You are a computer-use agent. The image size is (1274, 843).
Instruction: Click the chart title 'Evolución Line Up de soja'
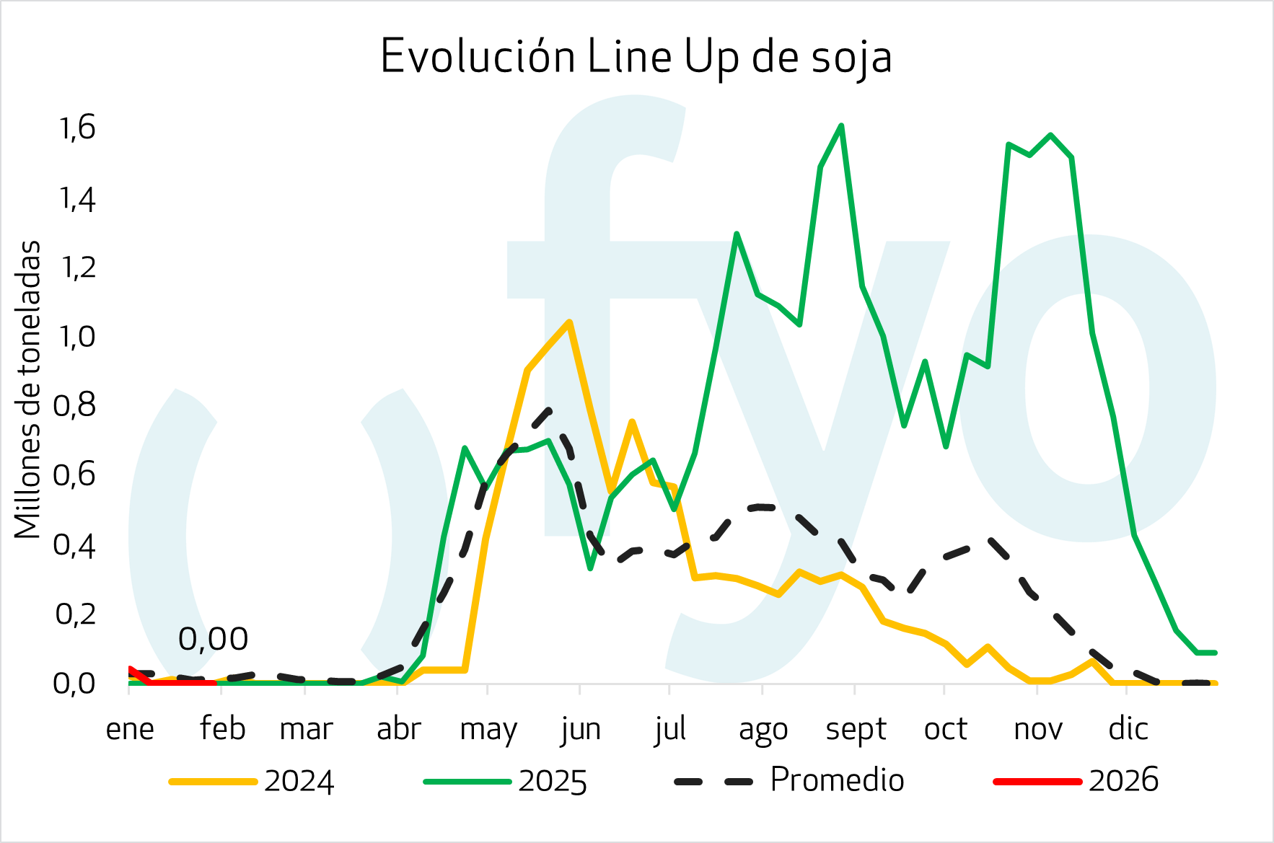[x=636, y=57]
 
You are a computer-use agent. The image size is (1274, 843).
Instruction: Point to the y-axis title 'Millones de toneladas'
[x=27, y=389]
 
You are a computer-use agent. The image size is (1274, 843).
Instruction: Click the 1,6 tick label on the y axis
[x=76, y=128]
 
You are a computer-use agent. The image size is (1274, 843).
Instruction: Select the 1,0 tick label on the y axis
[x=76, y=337]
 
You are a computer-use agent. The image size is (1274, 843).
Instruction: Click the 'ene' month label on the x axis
[x=130, y=729]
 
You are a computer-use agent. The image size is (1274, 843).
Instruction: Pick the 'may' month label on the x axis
[x=488, y=729]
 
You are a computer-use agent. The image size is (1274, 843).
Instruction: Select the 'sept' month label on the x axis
[x=856, y=729]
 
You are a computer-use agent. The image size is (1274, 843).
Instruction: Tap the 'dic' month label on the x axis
[x=1128, y=729]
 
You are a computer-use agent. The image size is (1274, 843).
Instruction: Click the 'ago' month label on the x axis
[x=763, y=729]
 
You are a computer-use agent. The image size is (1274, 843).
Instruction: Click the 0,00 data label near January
[x=213, y=639]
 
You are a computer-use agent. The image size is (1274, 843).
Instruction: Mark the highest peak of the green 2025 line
[x=841, y=126]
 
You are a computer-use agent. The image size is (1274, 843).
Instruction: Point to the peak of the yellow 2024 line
[x=569, y=322]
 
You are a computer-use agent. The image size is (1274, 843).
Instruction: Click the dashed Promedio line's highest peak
[x=550, y=410]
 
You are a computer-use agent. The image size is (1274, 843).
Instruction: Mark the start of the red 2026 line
[x=130, y=669]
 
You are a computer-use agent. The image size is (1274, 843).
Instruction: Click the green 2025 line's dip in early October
[x=946, y=446]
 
